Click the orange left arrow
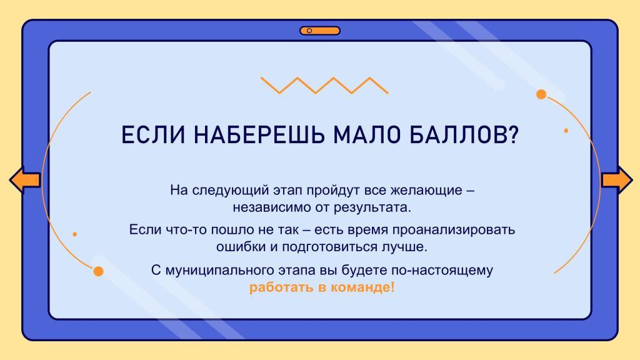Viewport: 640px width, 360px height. tap(24, 179)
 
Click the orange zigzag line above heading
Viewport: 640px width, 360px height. tap(324, 85)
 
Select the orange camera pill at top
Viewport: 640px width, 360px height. tap(320, 31)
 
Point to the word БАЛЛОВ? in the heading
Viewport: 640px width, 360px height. tap(464, 135)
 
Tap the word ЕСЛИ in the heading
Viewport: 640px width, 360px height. tap(154, 135)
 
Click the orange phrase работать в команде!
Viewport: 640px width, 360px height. tap(322, 287)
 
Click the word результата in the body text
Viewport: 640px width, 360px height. tap(371, 207)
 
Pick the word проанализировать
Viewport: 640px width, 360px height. tap(454, 230)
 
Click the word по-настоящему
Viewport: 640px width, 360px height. tap(442, 270)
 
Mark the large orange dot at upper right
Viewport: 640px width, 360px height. tap(541, 94)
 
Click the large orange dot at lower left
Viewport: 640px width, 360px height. tap(98, 271)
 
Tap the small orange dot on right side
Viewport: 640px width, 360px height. tap(566, 131)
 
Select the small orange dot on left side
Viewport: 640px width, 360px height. tap(75, 234)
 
